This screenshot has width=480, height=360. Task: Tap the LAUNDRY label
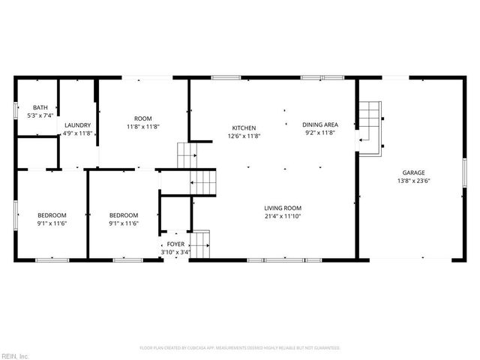(x=77, y=125)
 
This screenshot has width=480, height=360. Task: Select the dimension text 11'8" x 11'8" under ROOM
(x=142, y=127)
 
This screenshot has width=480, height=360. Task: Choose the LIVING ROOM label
(x=283, y=208)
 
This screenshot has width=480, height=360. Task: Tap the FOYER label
(x=175, y=244)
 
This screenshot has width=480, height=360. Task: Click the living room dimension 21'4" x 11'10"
(x=283, y=216)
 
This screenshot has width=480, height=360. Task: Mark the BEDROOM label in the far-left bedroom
(x=52, y=214)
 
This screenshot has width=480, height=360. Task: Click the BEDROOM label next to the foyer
(x=124, y=214)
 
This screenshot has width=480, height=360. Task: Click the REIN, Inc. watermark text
(x=15, y=355)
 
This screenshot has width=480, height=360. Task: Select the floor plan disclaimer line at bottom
(x=240, y=348)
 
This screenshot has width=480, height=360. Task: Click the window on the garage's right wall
(x=463, y=172)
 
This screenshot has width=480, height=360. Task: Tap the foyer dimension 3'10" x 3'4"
(x=175, y=252)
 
